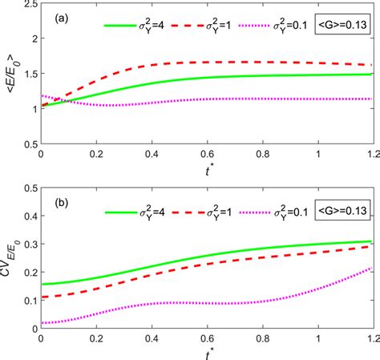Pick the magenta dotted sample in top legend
pyautogui.click(x=264, y=26)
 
